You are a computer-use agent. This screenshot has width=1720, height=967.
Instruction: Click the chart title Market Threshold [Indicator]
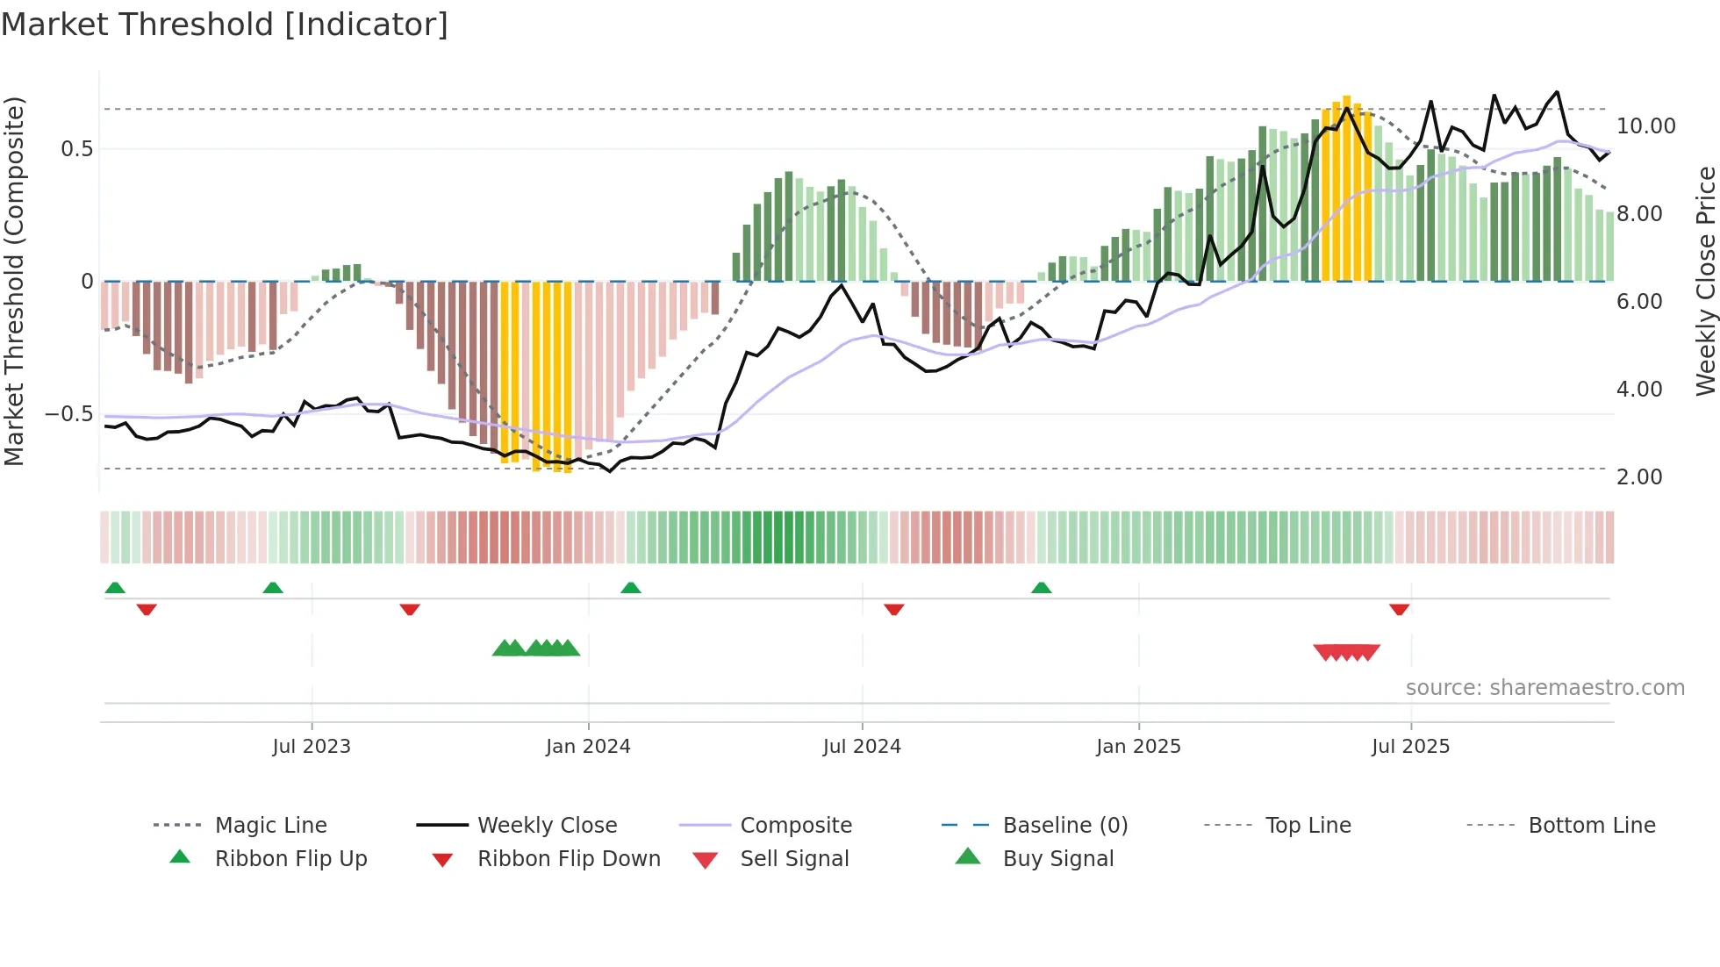coord(225,25)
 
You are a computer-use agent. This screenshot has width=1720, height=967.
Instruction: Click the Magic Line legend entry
coord(270,826)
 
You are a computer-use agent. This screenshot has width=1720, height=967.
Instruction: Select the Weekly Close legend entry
coord(547,826)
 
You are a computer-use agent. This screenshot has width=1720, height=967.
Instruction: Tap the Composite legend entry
coord(795,826)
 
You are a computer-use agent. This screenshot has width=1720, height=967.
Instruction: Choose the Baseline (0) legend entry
coord(1064,826)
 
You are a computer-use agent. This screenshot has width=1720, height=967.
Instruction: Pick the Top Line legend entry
coord(1308,826)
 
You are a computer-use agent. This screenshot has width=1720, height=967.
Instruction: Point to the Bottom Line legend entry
coord(1591,826)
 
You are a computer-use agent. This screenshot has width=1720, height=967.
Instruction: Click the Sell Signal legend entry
coord(794,859)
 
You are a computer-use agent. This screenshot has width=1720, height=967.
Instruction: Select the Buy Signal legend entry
coord(1057,859)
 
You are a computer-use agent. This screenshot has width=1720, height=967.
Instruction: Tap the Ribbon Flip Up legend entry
coord(290,859)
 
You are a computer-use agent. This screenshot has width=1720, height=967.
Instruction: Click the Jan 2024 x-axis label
coord(588,747)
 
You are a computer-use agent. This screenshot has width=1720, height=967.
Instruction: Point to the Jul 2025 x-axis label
coord(1410,747)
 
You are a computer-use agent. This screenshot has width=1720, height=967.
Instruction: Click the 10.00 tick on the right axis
coord(1645,126)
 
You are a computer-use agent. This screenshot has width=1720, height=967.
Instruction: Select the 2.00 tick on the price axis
coord(1638,477)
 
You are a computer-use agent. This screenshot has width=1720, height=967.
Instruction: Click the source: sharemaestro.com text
coord(1544,688)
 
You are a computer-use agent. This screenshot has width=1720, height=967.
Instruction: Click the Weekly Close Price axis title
coord(1705,281)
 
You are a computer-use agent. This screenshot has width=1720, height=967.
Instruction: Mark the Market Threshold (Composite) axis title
coord(14,281)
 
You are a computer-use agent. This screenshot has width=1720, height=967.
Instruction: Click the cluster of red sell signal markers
coord(1346,652)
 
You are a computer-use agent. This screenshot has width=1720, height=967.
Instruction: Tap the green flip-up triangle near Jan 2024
coord(630,588)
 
